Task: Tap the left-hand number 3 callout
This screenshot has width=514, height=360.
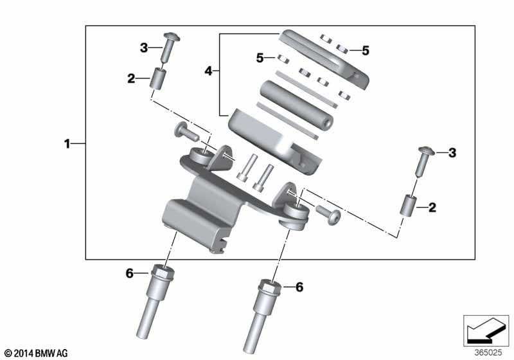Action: (x=144, y=47)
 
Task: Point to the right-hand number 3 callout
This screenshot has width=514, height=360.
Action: (x=452, y=152)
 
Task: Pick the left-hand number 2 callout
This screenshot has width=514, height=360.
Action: (x=131, y=79)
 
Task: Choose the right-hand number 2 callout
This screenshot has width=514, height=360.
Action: (x=432, y=207)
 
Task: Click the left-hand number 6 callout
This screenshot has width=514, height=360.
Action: (x=129, y=274)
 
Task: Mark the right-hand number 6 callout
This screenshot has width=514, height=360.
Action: (x=299, y=287)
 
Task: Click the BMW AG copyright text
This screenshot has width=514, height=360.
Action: (x=35, y=353)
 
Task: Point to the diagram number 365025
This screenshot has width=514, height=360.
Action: (x=490, y=352)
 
